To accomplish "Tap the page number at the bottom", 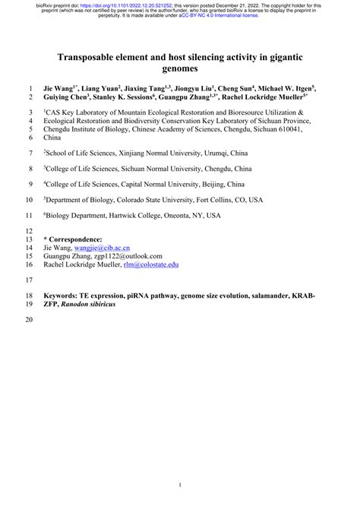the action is click(x=180, y=484).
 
